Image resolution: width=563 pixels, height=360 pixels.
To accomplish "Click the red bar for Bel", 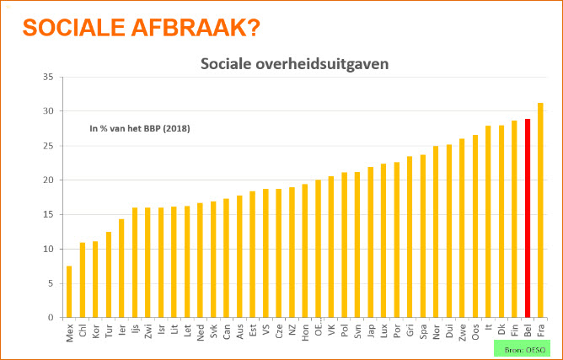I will pyautogui.click(x=528, y=218).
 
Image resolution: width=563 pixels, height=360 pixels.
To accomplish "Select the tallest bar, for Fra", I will pyautogui.click(x=540, y=210).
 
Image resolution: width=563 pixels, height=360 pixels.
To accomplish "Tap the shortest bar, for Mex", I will pyautogui.click(x=69, y=292).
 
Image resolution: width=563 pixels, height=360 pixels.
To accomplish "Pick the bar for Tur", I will pyautogui.click(x=108, y=275).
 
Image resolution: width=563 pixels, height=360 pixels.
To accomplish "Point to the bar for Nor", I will pyautogui.click(x=436, y=232).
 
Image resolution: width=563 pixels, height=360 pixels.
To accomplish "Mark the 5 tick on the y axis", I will pyautogui.click(x=51, y=283).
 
